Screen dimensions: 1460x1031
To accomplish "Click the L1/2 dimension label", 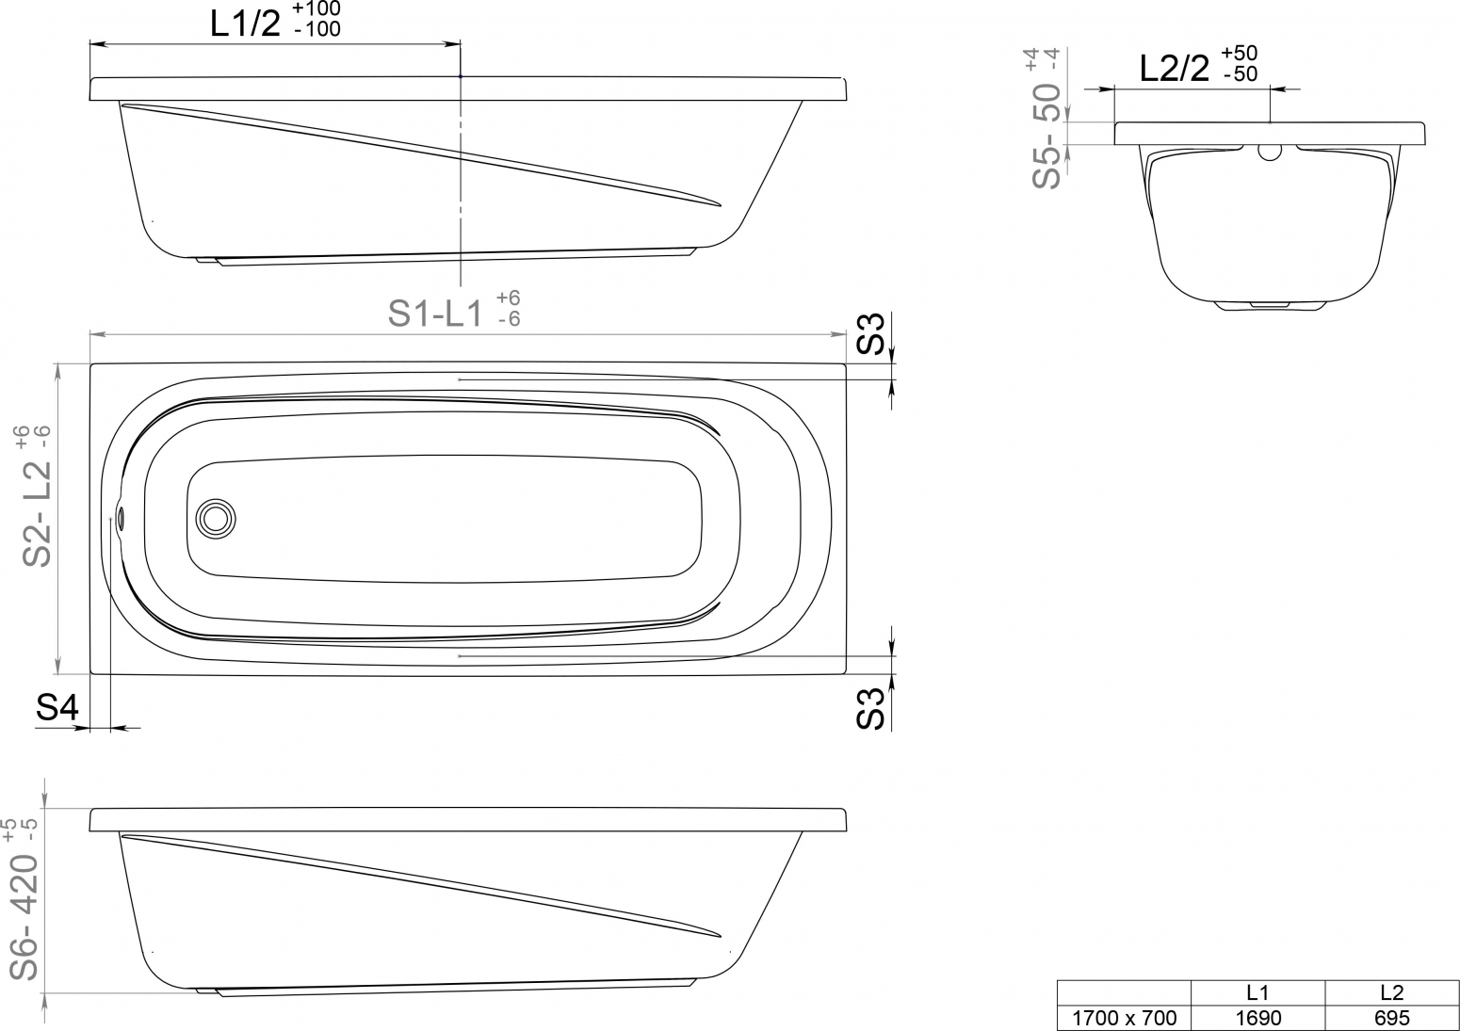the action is pyautogui.click(x=245, y=24).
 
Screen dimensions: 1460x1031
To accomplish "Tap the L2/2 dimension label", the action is pyautogui.click(x=1174, y=68).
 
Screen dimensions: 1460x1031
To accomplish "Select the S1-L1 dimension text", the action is pyautogui.click(x=435, y=314).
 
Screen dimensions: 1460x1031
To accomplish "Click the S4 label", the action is pyautogui.click(x=57, y=707).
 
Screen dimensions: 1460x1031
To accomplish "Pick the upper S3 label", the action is pyautogui.click(x=870, y=333).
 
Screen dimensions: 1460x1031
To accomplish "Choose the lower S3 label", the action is pyautogui.click(x=870, y=709).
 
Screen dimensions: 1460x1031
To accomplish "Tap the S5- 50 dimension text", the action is pyautogui.click(x=1046, y=136).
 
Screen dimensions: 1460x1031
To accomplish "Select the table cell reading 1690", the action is pyautogui.click(x=1257, y=1017).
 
